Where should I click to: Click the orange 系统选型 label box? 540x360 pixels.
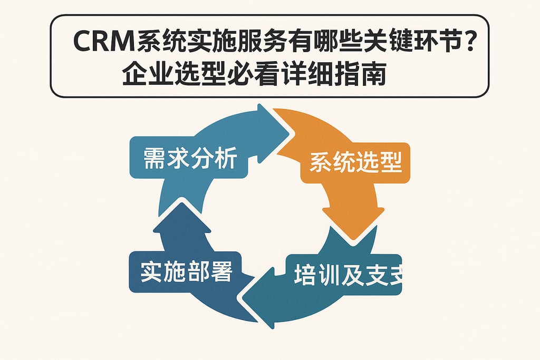[355, 163]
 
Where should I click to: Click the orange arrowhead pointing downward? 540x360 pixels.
[353, 224]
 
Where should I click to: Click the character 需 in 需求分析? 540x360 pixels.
[154, 158]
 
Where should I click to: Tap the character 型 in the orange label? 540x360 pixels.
[391, 163]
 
